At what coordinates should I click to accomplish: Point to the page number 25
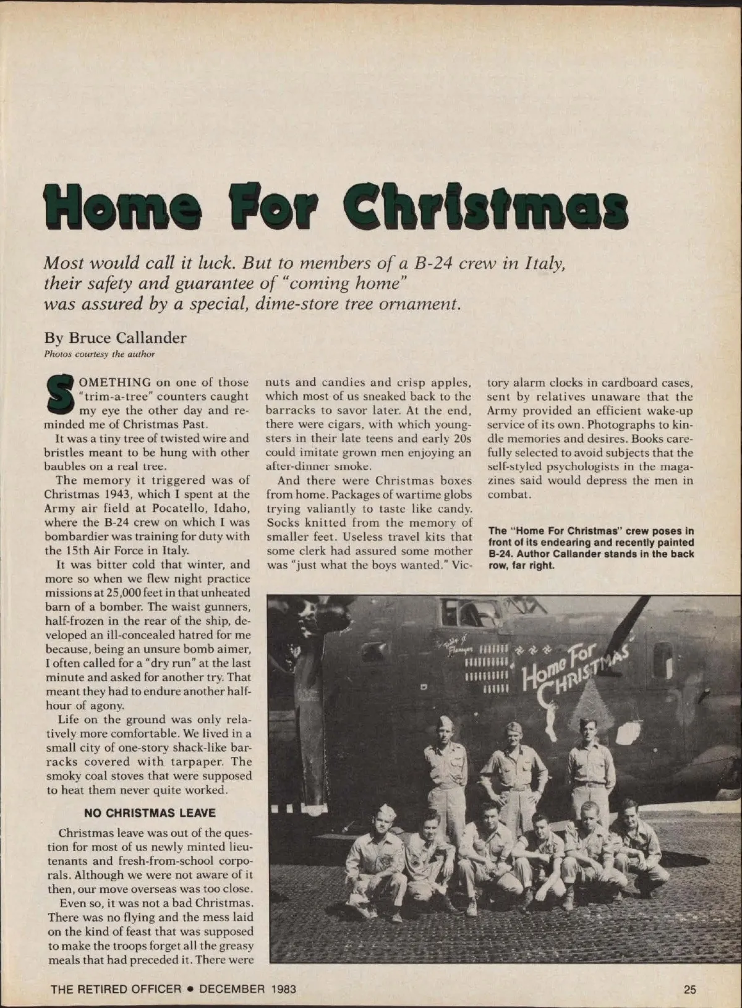690,989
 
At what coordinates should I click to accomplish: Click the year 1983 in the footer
284,989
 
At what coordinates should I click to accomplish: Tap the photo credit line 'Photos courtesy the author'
99,354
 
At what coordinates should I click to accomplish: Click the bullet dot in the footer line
191,989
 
